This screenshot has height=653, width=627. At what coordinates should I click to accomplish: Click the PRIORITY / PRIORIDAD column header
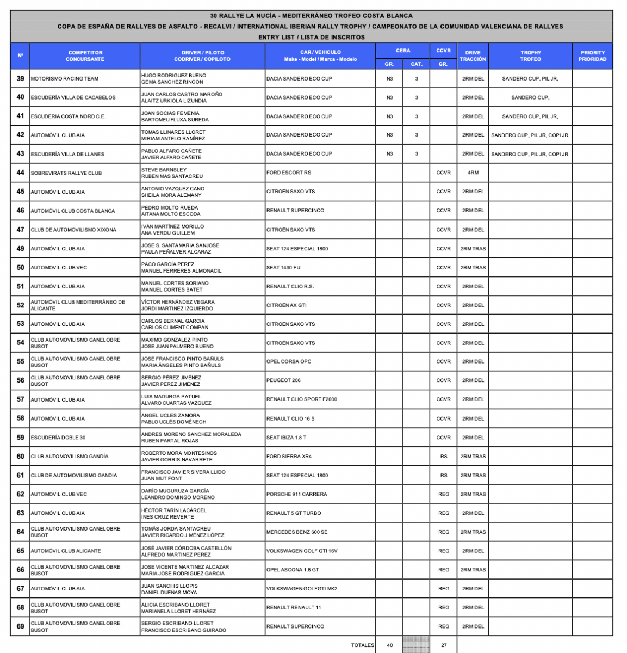(x=592, y=56)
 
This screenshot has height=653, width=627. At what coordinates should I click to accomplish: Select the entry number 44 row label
(x=21, y=173)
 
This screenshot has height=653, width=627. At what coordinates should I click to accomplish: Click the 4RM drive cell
(x=473, y=173)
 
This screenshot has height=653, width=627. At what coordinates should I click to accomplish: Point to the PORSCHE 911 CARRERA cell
(x=297, y=494)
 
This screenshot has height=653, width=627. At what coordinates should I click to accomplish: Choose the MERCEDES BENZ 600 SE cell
(x=297, y=532)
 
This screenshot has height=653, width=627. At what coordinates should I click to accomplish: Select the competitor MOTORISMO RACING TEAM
(x=65, y=79)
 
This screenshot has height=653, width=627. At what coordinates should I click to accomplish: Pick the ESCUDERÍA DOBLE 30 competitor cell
(x=58, y=438)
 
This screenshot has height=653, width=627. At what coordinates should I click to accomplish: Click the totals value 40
(x=390, y=645)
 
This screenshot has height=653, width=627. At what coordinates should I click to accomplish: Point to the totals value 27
(x=444, y=645)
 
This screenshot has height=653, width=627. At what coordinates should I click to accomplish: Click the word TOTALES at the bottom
(x=363, y=645)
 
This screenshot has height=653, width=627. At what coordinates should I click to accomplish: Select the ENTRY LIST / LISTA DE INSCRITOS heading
(x=312, y=38)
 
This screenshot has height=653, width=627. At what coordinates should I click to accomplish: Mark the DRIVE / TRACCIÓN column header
(x=473, y=56)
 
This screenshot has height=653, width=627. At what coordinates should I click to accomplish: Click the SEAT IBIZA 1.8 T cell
(x=286, y=438)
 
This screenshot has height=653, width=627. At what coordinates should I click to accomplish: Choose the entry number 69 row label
(x=21, y=626)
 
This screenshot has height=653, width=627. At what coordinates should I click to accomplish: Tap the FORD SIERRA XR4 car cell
(x=289, y=457)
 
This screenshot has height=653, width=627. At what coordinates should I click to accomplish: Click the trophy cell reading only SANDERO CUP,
(x=530, y=98)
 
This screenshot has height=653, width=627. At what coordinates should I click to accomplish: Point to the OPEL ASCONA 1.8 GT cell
(x=293, y=570)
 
